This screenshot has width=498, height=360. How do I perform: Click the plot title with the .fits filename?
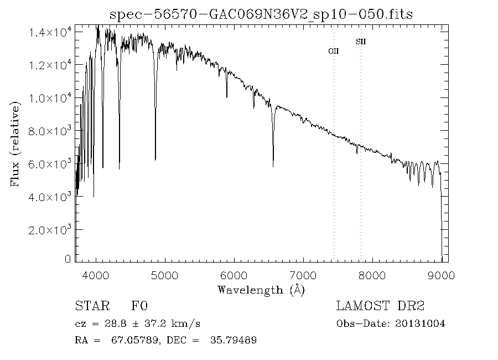pyautogui.click(x=261, y=14)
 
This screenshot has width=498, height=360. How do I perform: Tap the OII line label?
pyautogui.click(x=333, y=51)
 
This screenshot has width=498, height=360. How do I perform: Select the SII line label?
pyautogui.click(x=361, y=42)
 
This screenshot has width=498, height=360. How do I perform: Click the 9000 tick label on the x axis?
pyautogui.click(x=441, y=275)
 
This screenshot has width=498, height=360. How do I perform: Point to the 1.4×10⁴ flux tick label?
pyautogui.click(x=50, y=33)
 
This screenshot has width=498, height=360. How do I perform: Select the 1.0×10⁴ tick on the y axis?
pyautogui.click(x=50, y=98)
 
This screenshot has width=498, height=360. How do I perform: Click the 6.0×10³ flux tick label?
pyautogui.click(x=50, y=164)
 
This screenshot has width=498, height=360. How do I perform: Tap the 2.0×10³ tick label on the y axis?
pyautogui.click(x=50, y=229)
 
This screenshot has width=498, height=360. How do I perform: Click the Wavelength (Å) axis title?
pyautogui.click(x=261, y=289)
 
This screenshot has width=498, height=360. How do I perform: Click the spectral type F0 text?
pyautogui.click(x=139, y=306)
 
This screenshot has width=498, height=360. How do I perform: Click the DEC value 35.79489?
pyautogui.click(x=234, y=340)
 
